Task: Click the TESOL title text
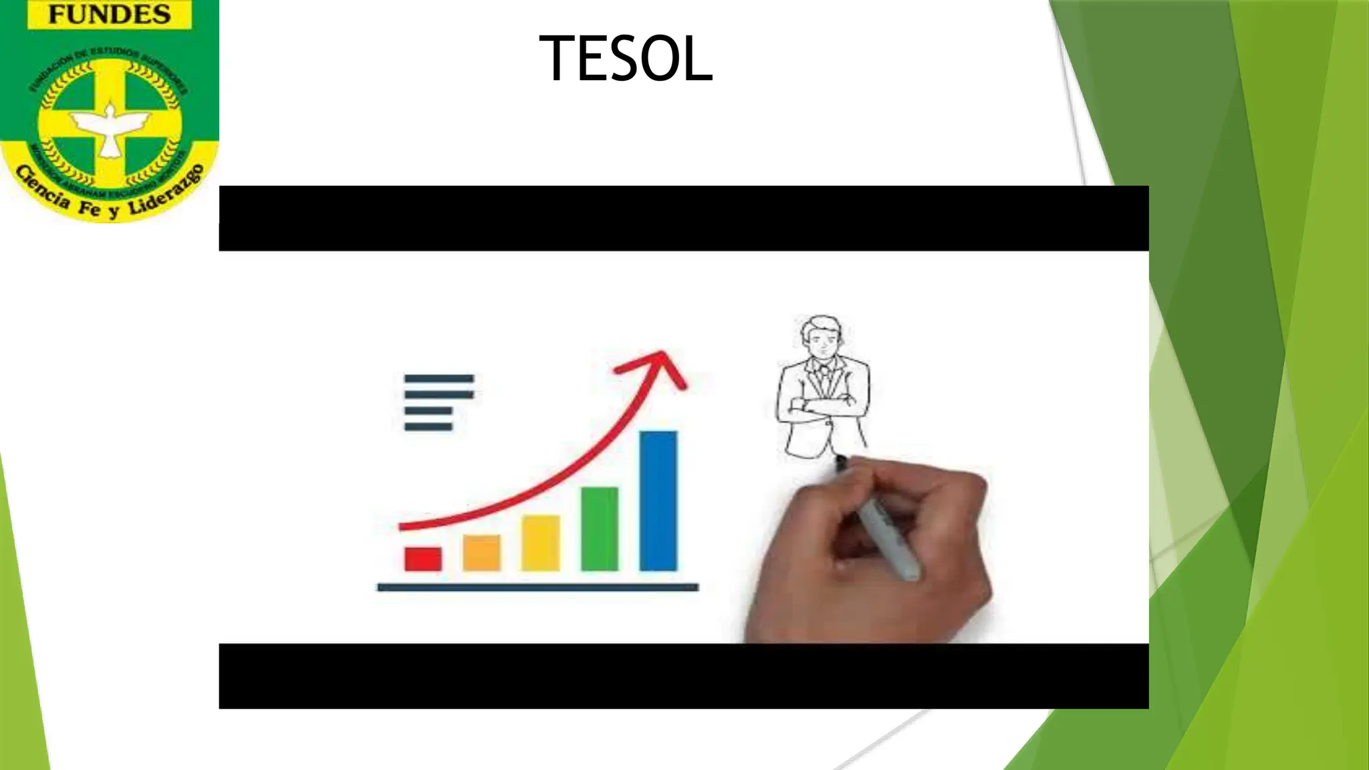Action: coord(626,59)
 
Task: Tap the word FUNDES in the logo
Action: coord(109,15)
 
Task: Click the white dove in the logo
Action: coord(111,127)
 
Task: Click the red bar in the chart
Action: coord(422,559)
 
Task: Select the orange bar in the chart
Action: coord(481,553)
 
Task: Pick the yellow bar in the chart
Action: coord(540,543)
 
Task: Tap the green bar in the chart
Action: coord(599,529)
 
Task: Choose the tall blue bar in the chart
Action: coord(658,501)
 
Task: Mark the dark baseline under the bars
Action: coord(537,588)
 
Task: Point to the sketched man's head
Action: coord(822,336)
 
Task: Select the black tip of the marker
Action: coord(840,461)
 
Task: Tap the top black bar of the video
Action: coord(683,219)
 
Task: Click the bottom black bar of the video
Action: coord(683,676)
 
